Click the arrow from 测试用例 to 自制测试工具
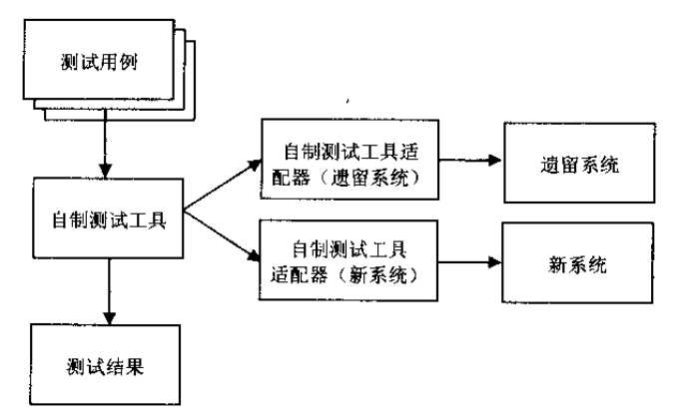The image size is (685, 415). (x=103, y=146)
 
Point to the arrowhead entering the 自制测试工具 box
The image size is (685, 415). (x=103, y=173)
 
